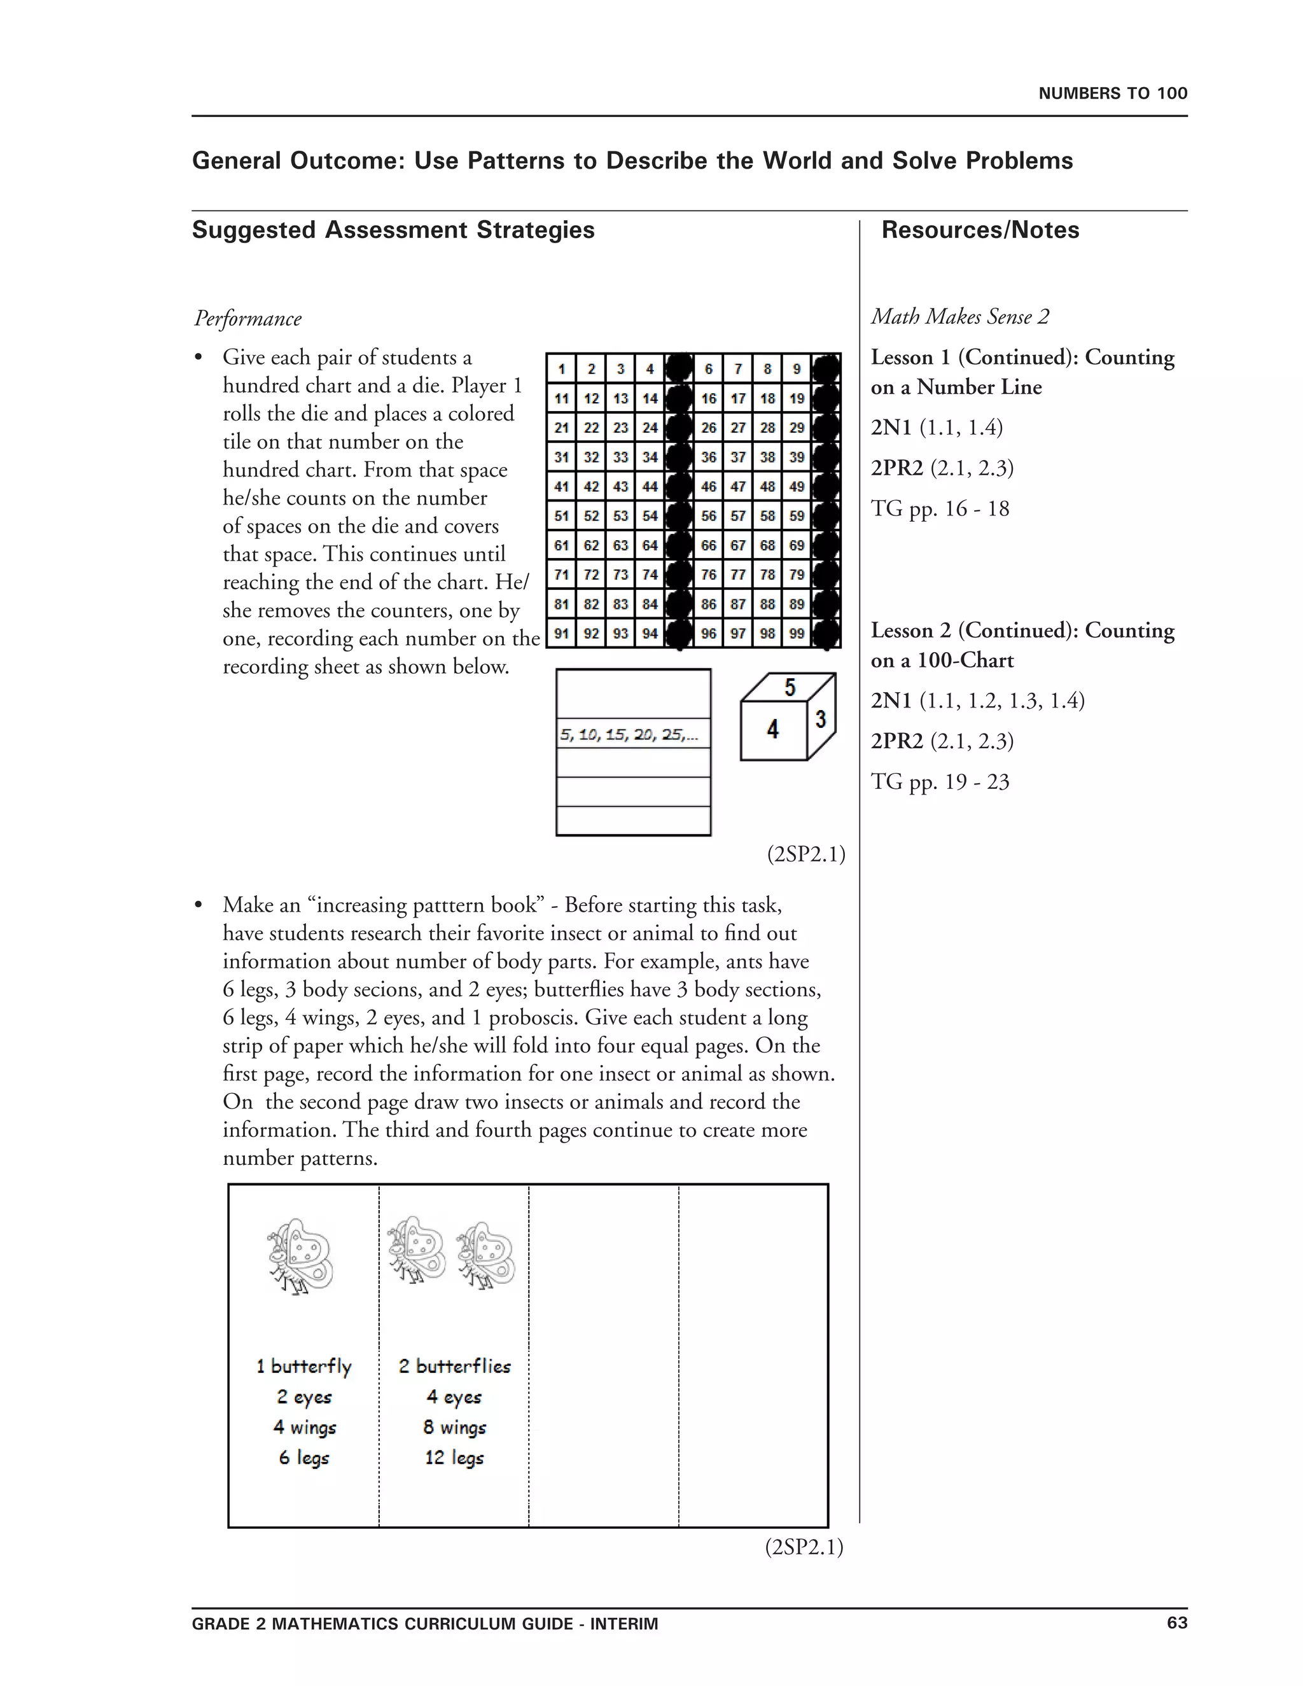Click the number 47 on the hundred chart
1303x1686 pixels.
738,486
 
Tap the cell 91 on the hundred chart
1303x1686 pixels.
561,634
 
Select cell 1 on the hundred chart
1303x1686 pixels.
561,369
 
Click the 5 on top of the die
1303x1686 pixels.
790,687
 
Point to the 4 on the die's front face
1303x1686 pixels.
772,728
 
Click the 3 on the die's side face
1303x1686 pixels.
821,720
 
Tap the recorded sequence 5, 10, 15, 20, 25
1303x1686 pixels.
629,735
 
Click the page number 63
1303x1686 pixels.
1176,1623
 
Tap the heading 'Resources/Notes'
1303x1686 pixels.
980,230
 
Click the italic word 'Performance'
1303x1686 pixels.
247,318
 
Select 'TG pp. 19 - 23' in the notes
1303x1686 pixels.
940,782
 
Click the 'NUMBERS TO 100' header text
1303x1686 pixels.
1112,94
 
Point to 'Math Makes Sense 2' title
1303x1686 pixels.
959,316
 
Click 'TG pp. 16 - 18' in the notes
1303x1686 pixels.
940,509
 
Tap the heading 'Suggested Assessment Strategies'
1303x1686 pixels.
393,230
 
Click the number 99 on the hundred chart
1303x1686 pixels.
797,634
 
